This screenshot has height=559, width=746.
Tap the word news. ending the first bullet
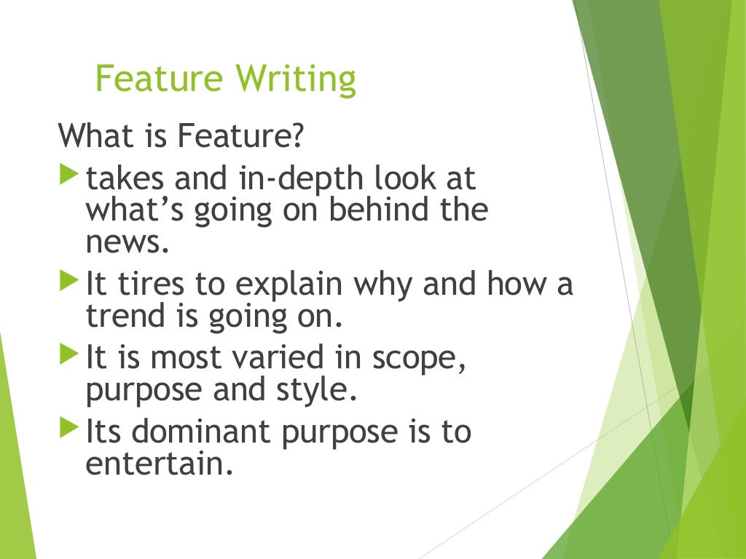click(x=127, y=242)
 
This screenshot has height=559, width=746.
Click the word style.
click(x=319, y=391)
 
